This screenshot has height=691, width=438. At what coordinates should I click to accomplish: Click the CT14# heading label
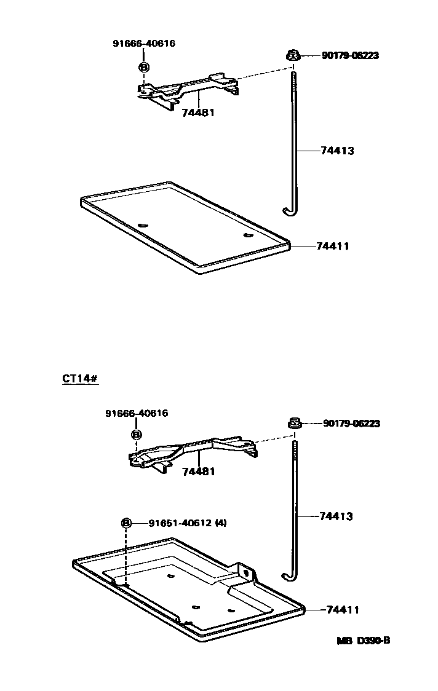click(x=80, y=378)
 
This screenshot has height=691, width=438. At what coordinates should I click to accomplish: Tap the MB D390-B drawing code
click(x=363, y=641)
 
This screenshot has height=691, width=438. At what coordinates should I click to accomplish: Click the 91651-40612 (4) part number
click(x=188, y=523)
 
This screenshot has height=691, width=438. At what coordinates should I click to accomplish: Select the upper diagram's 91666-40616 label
click(x=144, y=44)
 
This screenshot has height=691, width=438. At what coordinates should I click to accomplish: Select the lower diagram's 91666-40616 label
click(x=135, y=414)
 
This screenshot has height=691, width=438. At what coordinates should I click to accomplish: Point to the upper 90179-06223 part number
click(x=350, y=55)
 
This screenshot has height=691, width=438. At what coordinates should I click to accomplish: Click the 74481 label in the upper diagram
click(x=198, y=113)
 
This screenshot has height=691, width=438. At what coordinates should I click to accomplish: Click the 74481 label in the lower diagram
click(x=199, y=472)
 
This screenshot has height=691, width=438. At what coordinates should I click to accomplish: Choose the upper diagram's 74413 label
click(x=337, y=151)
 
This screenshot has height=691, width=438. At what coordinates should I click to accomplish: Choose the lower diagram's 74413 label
click(x=336, y=516)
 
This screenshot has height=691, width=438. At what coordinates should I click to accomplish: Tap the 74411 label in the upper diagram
click(x=333, y=246)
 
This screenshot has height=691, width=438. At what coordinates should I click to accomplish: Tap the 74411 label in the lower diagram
click(x=342, y=610)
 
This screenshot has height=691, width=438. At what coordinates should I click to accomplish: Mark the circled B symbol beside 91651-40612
click(x=126, y=523)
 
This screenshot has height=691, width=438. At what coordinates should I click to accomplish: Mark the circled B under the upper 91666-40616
click(x=143, y=66)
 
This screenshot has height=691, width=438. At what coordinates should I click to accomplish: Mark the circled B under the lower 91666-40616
click(x=136, y=435)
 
